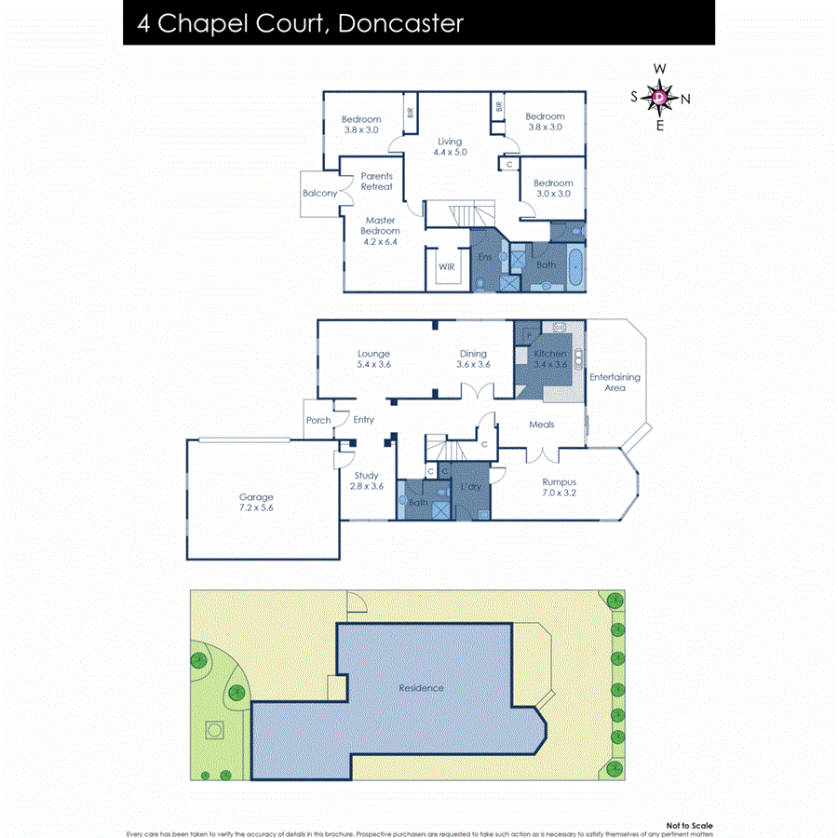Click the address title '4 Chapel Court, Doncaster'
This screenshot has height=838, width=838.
(x=300, y=23)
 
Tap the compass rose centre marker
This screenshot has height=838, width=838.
(x=659, y=96)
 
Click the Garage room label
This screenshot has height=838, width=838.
(x=256, y=503)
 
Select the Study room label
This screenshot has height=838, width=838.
(x=366, y=480)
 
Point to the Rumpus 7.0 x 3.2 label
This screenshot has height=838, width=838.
(x=559, y=487)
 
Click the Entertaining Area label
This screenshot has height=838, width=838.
(x=615, y=382)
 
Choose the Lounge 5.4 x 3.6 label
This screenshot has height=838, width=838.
(x=373, y=358)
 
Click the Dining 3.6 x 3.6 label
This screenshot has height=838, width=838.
(x=473, y=358)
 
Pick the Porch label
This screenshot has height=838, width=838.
(x=318, y=420)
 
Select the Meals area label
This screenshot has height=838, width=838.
(x=542, y=425)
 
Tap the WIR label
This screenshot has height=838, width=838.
(x=447, y=266)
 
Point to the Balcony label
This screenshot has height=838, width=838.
(x=319, y=193)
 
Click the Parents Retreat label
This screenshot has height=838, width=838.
(x=377, y=181)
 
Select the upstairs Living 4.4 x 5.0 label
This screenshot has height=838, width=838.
(x=450, y=146)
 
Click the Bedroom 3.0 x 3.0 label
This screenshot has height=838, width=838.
(x=552, y=188)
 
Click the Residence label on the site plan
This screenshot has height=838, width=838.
(x=421, y=688)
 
